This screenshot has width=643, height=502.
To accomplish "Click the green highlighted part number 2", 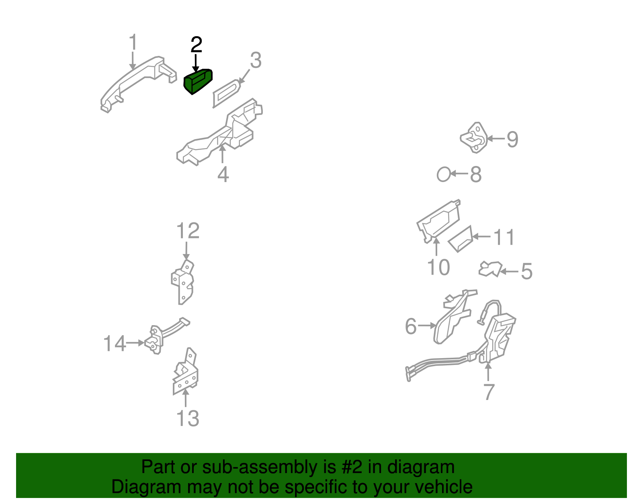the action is (x=198, y=81).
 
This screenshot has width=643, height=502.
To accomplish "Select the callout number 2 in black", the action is (x=197, y=45).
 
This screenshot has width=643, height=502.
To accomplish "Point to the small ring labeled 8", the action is (x=443, y=174).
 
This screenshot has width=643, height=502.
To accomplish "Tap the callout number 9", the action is (x=512, y=139).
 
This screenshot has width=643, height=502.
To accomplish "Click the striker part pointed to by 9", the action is (x=474, y=137).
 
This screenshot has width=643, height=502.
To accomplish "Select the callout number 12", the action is (x=188, y=231).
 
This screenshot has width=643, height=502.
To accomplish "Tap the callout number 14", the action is (x=115, y=344).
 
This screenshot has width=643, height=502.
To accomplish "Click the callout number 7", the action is (x=489, y=392).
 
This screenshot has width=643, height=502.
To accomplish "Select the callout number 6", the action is (x=411, y=326).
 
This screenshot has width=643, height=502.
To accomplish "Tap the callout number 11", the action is (x=504, y=237).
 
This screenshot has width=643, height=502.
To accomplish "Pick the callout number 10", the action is (x=438, y=267).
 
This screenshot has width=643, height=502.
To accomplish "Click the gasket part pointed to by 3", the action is (x=226, y=93).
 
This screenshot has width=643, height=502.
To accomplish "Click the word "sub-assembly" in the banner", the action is (x=268, y=467).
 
